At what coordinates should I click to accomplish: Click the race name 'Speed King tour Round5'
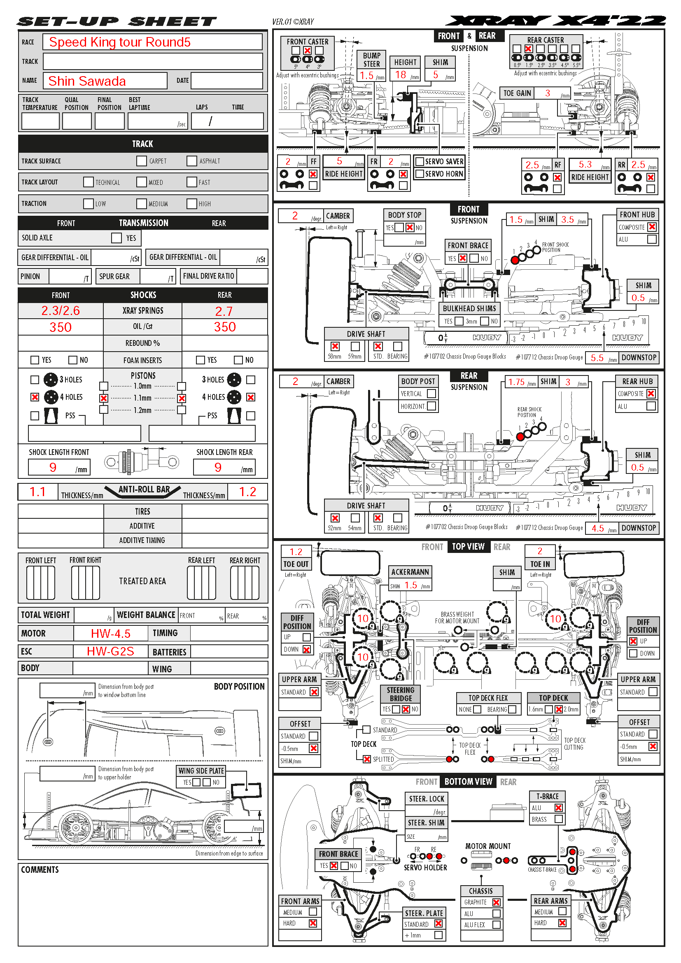[119, 42]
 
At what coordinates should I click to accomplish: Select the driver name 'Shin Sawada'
[87, 81]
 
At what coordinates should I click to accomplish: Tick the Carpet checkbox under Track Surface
[142, 161]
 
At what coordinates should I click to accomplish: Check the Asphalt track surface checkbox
[191, 161]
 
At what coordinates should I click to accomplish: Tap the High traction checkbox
[191, 204]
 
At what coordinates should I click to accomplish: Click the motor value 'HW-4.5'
[111, 633]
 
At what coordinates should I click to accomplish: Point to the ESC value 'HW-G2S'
[110, 651]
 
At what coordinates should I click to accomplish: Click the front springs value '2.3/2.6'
[61, 311]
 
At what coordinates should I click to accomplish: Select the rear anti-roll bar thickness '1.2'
[247, 492]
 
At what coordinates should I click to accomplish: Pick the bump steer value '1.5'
[366, 75]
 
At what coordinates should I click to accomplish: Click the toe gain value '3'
[547, 93]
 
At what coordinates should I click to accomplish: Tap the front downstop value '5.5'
[597, 358]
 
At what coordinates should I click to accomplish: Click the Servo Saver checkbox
[419, 161]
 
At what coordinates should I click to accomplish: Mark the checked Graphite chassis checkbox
[497, 902]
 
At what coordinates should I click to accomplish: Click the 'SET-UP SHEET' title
[117, 21]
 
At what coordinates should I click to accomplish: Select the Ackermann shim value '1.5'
[411, 585]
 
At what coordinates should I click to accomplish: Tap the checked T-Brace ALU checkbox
[559, 808]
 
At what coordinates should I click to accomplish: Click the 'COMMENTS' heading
[40, 870]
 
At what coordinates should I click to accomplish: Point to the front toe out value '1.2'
[296, 552]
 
